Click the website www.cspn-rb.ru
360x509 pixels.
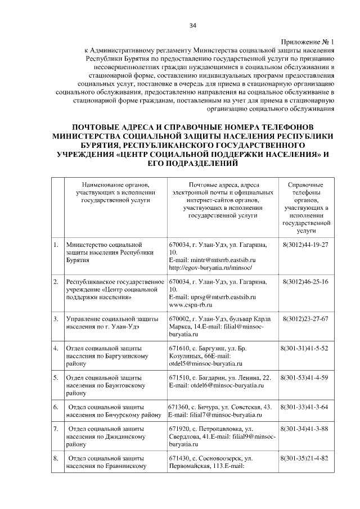click(190, 304)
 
